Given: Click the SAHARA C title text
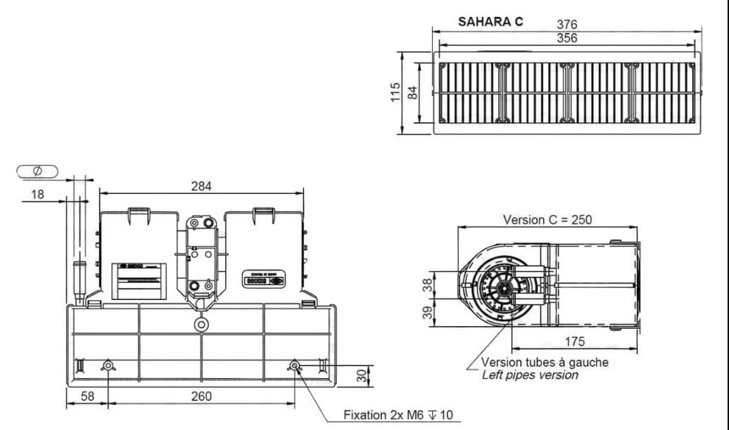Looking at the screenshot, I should coord(490,21).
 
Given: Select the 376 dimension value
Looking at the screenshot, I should coord(567,25).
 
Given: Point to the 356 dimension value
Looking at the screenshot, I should coord(567,38).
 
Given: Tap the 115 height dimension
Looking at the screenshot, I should coord(395,92).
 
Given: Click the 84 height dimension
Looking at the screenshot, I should coord(413,92).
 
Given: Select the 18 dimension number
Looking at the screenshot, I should coord(37,194).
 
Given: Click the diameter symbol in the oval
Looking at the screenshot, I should coord(37,171).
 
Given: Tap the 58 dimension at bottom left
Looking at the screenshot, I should coord(87,396).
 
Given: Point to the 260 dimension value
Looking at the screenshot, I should coord(201,396).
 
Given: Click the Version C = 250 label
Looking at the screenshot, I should coord(547,219).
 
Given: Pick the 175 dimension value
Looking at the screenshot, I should coord(575,341).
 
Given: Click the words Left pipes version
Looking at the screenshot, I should coord(530,375).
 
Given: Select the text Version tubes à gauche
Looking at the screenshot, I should coord(545,363).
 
